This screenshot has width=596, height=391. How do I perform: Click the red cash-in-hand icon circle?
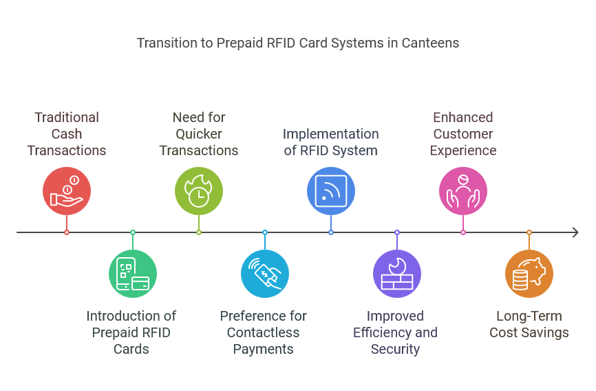(67, 191)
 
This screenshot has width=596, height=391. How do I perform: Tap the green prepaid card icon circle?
(133, 274)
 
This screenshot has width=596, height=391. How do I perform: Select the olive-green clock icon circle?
(199, 191)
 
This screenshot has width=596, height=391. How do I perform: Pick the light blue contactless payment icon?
(265, 274)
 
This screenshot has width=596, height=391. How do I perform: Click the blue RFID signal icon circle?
(331, 191)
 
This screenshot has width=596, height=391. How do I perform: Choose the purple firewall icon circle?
(397, 274)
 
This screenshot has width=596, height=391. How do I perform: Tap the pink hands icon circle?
(463, 191)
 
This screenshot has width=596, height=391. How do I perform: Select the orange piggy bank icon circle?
(529, 274)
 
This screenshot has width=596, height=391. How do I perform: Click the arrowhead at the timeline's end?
(575, 232)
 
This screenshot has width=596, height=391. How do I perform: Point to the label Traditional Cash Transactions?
(67, 134)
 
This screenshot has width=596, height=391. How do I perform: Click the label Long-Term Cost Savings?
(529, 324)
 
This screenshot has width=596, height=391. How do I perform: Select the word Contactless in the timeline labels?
(264, 332)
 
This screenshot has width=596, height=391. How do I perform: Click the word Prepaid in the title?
(241, 43)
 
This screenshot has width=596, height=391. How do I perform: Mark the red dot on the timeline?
(67, 232)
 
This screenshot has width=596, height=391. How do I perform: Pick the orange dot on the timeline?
(529, 232)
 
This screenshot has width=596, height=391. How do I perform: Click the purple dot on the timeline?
(397, 232)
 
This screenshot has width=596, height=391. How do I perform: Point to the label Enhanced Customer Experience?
(463, 134)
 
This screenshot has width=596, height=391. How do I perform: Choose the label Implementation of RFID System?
(331, 142)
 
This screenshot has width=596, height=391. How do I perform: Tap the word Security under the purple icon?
(395, 349)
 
